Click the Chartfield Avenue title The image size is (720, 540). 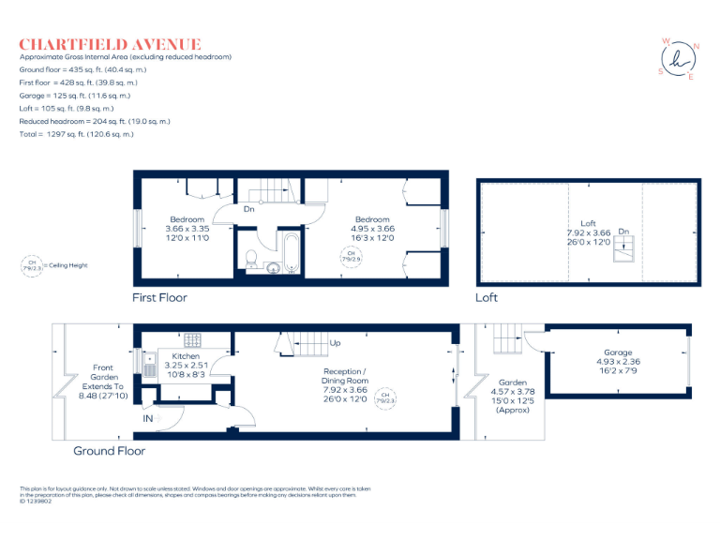point(110,44)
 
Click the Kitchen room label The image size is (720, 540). point(186,356)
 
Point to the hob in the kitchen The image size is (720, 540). point(193,339)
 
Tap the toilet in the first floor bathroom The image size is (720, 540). point(250,259)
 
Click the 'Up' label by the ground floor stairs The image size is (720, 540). point(335,343)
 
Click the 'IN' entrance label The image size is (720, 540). point(147,420)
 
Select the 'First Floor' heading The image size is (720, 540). point(159,298)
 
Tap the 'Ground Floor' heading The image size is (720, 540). point(110,451)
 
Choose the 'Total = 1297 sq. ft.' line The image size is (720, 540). point(77,134)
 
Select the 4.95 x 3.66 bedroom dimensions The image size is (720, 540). point(372,228)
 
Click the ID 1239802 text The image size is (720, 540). point(38,502)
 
